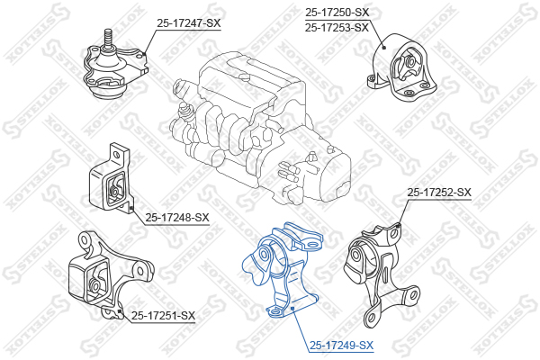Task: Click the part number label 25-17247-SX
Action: coord(188,23)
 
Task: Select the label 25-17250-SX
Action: coord(337,13)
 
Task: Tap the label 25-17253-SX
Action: coord(337,27)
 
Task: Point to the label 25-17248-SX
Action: coord(177,218)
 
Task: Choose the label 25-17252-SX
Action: coord(439,193)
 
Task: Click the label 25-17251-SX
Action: coord(163,315)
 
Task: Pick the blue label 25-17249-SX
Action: coord(341,345)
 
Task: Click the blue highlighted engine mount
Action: coord(283,270)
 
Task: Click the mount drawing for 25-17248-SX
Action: coord(111,178)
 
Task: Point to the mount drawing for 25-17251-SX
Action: coord(110,274)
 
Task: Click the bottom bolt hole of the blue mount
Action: coord(275,312)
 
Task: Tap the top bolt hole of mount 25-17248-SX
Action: coord(116,155)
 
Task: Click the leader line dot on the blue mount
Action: coord(292,308)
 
